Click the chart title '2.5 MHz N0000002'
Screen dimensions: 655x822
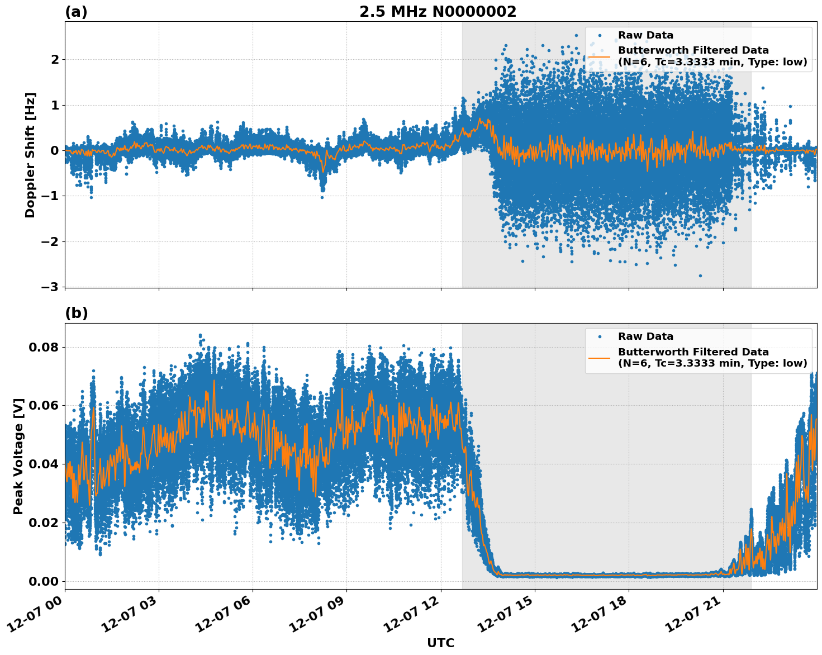tap(438, 12)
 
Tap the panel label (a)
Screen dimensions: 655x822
tap(76, 12)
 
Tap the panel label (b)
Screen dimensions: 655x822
tap(76, 313)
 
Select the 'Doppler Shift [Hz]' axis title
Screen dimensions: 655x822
tap(30, 155)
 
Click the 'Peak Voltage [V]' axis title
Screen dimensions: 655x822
tap(18, 456)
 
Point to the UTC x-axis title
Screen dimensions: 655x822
tap(440, 643)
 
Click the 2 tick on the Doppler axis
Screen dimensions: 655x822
tap(55, 59)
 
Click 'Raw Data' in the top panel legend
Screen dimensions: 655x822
tap(645, 35)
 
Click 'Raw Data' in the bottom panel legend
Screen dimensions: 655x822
tap(645, 336)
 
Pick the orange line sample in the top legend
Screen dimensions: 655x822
tap(599, 56)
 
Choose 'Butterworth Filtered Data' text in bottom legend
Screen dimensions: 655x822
tap(693, 352)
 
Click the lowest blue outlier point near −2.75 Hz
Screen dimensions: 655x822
tap(700, 276)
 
